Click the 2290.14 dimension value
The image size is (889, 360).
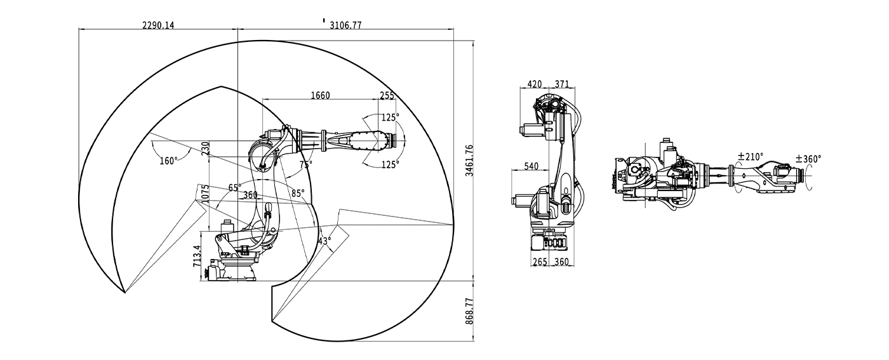(x=158, y=25)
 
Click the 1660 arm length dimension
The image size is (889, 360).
(x=320, y=95)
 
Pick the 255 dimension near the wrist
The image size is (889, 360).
(x=387, y=95)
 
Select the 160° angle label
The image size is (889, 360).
(x=168, y=161)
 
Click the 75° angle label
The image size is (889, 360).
(x=306, y=164)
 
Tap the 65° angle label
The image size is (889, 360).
(x=235, y=188)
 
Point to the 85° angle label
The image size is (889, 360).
(x=298, y=192)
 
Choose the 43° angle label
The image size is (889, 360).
(x=324, y=241)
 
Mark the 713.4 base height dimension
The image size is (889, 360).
(x=197, y=255)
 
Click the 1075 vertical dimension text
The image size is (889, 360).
(x=205, y=194)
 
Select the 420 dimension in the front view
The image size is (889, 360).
(x=535, y=84)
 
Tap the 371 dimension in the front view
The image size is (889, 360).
(x=561, y=84)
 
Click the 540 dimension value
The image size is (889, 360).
(x=531, y=166)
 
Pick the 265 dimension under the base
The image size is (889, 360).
(x=540, y=262)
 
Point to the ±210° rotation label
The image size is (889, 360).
(x=751, y=156)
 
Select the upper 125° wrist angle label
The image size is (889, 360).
(x=391, y=117)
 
